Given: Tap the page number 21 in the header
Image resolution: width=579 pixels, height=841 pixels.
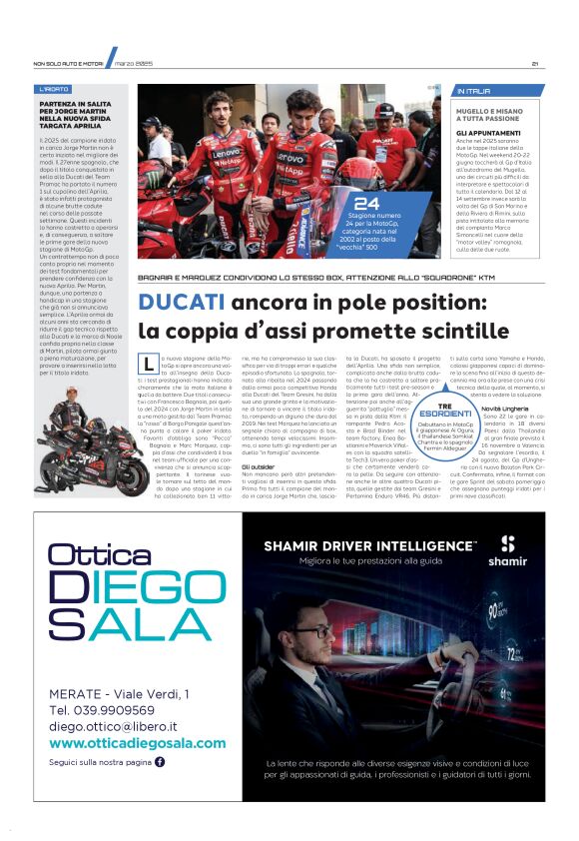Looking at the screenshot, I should (536, 64).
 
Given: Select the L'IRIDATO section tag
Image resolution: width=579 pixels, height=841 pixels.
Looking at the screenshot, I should (56, 89).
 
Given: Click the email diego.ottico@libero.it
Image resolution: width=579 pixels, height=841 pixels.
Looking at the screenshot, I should (113, 726).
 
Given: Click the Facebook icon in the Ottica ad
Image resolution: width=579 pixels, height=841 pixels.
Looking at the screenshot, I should (160, 762).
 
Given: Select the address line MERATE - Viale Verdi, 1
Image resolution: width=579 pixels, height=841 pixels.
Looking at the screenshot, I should (118, 692).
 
